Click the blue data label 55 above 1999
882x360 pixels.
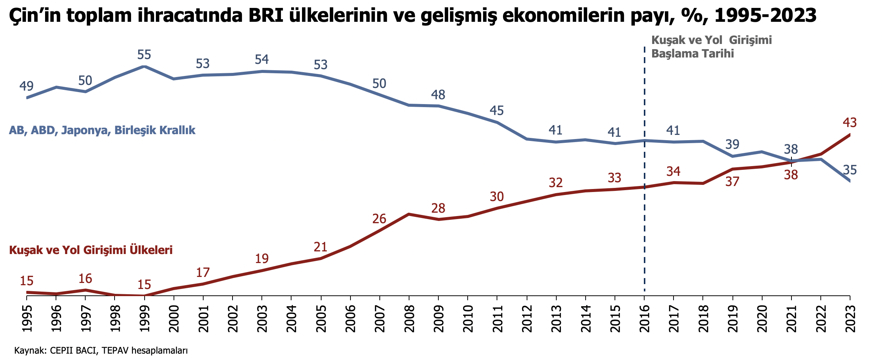[144, 55]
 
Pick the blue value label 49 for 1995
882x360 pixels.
[26, 86]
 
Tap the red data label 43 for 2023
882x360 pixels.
[849, 123]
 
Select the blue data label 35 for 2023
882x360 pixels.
[850, 170]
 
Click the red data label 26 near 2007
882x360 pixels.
[379, 219]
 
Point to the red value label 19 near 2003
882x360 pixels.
[262, 259]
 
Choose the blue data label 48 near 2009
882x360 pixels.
[438, 95]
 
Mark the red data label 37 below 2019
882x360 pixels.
[732, 182]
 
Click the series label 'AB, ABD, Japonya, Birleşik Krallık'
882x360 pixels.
[102, 130]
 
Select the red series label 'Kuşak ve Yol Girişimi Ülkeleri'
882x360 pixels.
[91, 250]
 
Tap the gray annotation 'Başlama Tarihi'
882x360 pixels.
[692, 54]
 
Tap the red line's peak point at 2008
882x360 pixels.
[409, 214]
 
